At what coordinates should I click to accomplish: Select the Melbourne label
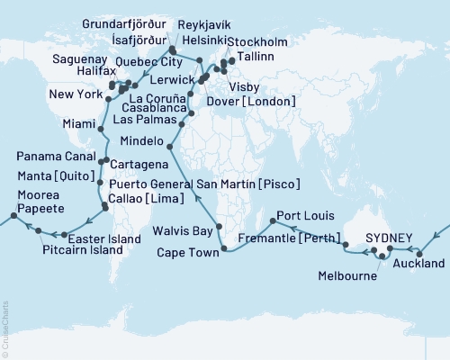tap(349, 277)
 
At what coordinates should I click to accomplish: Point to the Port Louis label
tap(301, 217)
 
